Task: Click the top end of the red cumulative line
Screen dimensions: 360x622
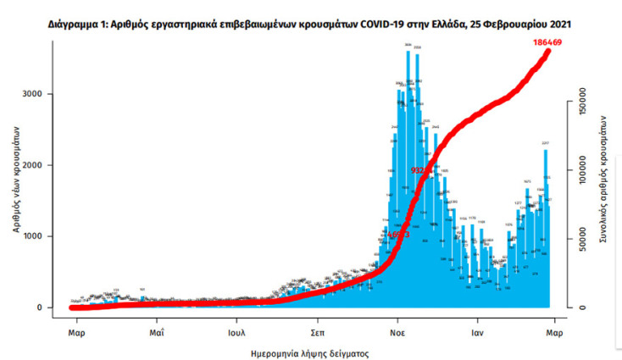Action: click(548, 52)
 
